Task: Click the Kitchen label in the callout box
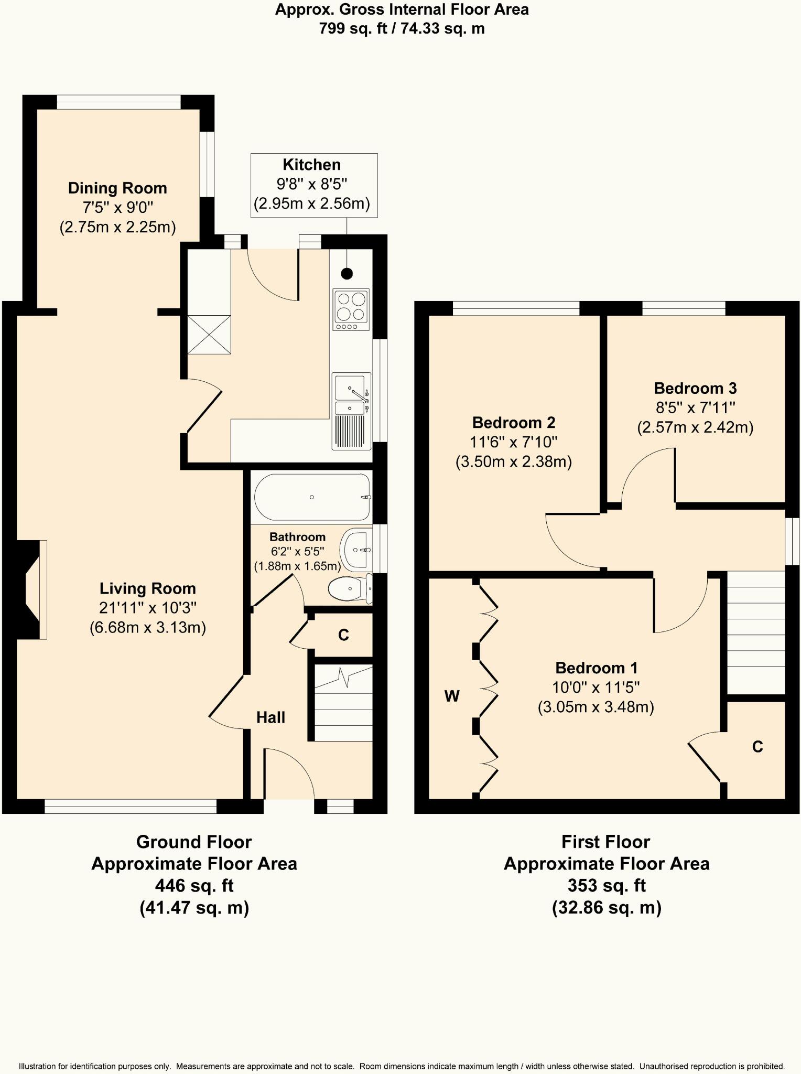click(x=311, y=165)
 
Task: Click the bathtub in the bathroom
click(x=312, y=497)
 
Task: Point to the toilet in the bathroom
click(x=349, y=589)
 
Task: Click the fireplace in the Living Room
click(x=33, y=589)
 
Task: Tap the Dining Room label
click(x=117, y=188)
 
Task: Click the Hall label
click(x=270, y=717)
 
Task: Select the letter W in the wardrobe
click(x=452, y=696)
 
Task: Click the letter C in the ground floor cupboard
click(x=343, y=635)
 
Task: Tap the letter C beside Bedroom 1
click(x=757, y=747)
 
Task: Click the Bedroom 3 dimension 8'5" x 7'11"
click(x=695, y=407)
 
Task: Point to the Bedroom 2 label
click(x=513, y=422)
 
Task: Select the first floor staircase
click(x=755, y=632)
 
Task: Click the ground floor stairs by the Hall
click(x=343, y=703)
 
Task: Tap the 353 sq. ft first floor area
click(x=606, y=885)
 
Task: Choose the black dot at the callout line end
click(x=347, y=273)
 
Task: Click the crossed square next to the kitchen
click(x=209, y=335)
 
